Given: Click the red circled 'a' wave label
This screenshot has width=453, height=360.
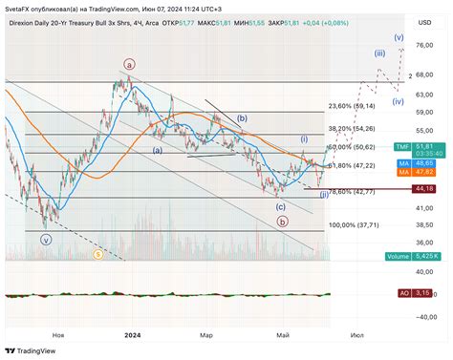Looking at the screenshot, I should [x=128, y=65].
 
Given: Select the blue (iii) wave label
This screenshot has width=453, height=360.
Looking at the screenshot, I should [x=379, y=53].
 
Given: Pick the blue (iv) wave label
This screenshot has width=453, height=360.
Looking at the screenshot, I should [x=398, y=100].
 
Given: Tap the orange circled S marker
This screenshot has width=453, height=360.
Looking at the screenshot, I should [x=97, y=254].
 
